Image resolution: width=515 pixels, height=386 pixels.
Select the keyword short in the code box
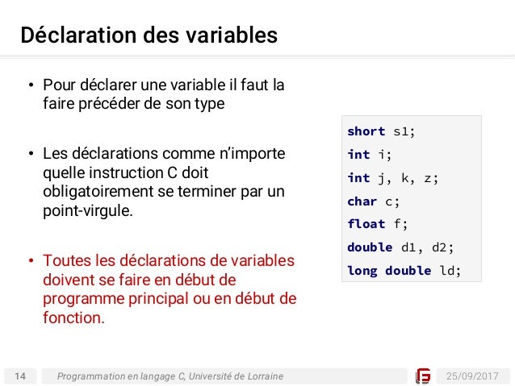click(366, 131)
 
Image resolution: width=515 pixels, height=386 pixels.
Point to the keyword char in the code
click(362, 201)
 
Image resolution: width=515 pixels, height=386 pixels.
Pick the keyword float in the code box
click(366, 224)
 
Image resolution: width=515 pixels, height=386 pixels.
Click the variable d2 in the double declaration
click(444, 247)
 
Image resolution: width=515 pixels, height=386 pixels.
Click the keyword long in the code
click(362, 271)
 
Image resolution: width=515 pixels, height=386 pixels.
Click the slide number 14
click(20, 376)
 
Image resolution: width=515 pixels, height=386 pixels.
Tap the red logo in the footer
click(423, 376)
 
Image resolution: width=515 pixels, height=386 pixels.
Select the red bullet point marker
click(29, 261)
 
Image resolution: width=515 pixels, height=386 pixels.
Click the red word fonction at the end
click(73, 318)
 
